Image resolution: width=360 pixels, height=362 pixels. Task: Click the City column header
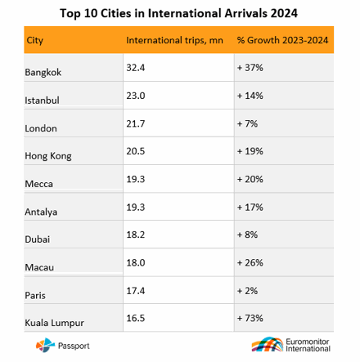(x=34, y=41)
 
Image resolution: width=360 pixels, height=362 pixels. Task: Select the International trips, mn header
(x=174, y=40)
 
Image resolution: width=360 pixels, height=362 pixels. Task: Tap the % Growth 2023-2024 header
(x=282, y=40)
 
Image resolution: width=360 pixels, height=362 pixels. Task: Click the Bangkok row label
(x=43, y=73)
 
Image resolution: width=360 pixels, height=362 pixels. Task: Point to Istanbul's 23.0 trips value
(x=136, y=96)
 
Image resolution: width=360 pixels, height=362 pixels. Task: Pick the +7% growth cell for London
(x=247, y=123)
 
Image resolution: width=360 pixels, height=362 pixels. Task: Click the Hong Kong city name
(x=48, y=156)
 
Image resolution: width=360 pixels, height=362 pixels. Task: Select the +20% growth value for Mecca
(x=250, y=179)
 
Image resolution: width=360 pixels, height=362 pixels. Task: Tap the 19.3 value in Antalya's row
(x=136, y=208)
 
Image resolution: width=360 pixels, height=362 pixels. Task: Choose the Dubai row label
(x=38, y=239)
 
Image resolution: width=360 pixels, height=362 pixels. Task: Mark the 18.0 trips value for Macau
(x=136, y=262)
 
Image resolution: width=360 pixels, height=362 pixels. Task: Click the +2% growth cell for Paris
(x=247, y=291)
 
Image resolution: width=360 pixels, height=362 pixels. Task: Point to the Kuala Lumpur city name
(x=55, y=323)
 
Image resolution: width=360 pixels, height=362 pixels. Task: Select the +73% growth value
(x=250, y=318)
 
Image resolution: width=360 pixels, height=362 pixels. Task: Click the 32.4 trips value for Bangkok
(x=136, y=68)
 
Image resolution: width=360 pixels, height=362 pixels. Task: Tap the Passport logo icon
(x=43, y=345)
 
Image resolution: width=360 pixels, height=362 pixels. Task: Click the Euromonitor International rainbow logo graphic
(x=268, y=344)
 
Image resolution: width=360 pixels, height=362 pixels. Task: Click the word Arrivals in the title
(x=245, y=13)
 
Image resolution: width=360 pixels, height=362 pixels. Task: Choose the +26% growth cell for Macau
(x=250, y=262)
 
